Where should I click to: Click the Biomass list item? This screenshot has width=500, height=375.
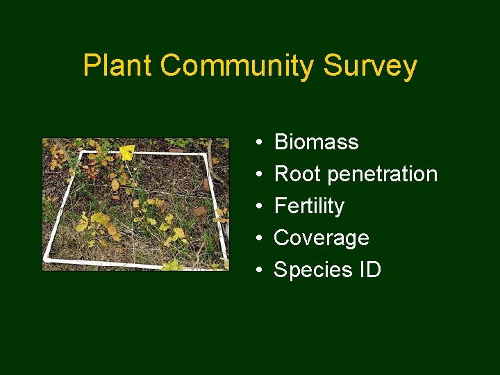316,142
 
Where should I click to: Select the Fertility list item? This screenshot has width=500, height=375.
309,206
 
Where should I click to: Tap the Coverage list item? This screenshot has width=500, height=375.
321,238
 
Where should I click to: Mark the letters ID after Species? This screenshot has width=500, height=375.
369,270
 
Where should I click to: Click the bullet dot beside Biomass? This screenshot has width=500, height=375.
258,143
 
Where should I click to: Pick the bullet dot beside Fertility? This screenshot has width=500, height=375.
258,207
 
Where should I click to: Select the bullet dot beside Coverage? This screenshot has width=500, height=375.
258,239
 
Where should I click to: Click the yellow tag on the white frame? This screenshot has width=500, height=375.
126,153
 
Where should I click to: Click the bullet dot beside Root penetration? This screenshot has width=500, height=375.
258,175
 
